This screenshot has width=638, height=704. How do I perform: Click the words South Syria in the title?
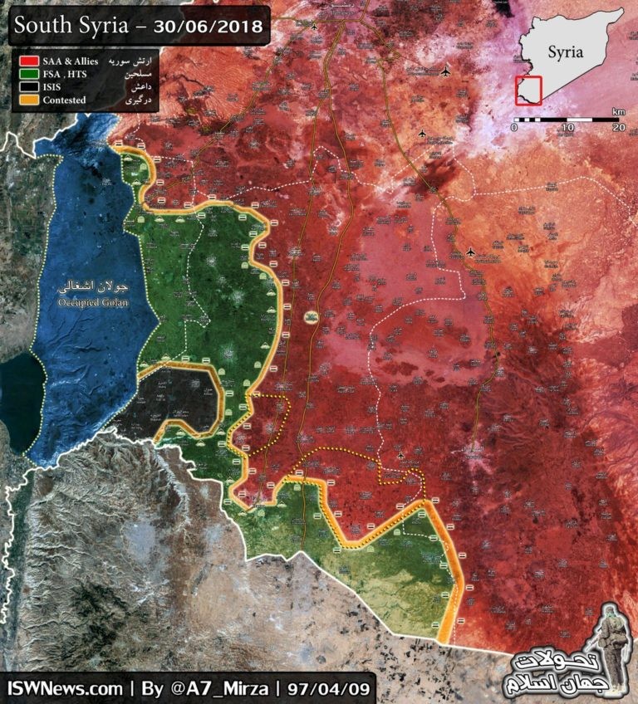(70, 27)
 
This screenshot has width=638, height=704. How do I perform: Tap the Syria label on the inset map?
(566, 52)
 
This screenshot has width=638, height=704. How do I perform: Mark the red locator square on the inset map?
(528, 90)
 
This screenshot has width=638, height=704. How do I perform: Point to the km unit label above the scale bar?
(618, 111)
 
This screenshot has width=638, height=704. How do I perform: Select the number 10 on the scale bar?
(567, 128)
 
